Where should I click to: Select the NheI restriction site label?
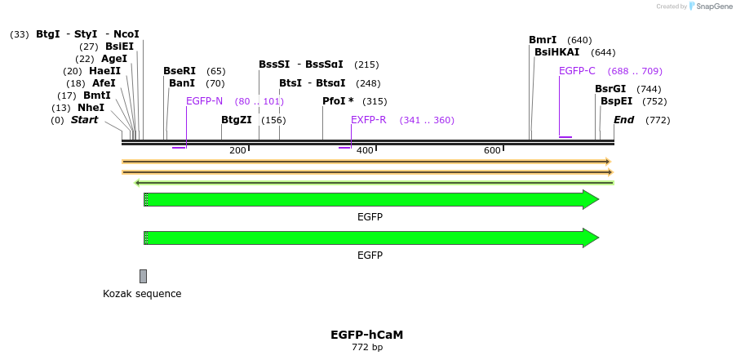click(91, 108)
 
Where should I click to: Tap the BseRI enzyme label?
click(180, 71)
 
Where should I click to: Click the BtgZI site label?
click(237, 120)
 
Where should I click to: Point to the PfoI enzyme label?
click(338, 101)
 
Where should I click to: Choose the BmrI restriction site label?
click(543, 40)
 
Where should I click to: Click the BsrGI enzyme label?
click(610, 89)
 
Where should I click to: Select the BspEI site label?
click(616, 101)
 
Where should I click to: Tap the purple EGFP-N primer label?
click(204, 101)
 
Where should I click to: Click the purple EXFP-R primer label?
click(368, 120)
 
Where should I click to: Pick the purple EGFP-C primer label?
click(577, 71)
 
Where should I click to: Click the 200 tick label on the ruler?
click(237, 150)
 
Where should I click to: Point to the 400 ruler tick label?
click(365, 150)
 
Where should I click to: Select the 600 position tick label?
click(492, 150)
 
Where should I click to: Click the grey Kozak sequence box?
click(144, 276)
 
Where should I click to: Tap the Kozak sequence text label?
click(142, 294)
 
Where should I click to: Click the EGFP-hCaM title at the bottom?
click(366, 335)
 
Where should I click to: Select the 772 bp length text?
click(366, 348)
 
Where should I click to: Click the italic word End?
click(623, 120)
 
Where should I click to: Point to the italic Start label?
click(84, 120)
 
